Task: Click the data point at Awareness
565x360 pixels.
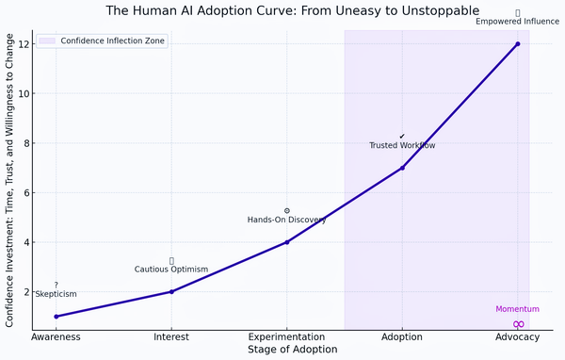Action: point(56,317)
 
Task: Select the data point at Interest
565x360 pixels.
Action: point(171,291)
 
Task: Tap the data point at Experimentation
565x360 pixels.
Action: point(287,242)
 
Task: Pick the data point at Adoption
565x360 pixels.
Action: point(402,168)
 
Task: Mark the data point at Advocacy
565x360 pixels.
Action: point(518,44)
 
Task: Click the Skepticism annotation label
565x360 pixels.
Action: point(56,294)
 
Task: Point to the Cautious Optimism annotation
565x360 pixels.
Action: point(171,270)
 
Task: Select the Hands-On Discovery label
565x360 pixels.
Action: point(287,220)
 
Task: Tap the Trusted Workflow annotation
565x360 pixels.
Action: point(402,146)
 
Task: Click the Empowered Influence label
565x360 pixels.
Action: point(518,22)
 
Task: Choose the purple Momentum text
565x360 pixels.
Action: point(517,309)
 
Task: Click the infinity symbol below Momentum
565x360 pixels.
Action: point(518,324)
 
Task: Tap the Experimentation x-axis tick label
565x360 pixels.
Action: point(287,336)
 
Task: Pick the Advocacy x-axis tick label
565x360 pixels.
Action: point(518,336)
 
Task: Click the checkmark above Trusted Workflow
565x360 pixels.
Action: point(402,137)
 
